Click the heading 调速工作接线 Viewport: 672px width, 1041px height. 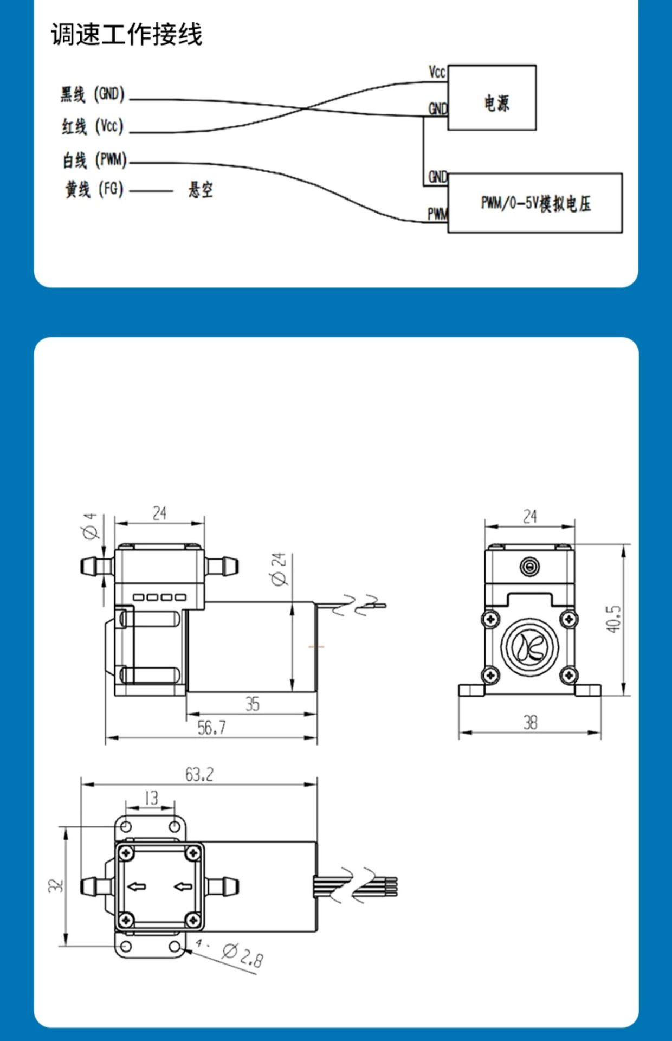click(x=126, y=35)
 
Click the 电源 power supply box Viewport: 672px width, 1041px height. click(x=492, y=98)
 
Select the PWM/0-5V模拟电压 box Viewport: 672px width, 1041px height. click(x=535, y=203)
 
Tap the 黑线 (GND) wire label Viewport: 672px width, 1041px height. click(x=92, y=94)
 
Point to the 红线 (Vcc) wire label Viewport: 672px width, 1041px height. click(x=92, y=127)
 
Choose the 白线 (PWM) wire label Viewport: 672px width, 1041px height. click(x=94, y=160)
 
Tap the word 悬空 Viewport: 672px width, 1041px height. click(x=201, y=190)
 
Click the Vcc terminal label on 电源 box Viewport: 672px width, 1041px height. click(x=437, y=72)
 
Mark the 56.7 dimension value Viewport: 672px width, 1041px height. click(x=211, y=728)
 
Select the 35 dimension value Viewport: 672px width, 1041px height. click(x=253, y=704)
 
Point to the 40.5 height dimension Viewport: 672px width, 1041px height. click(x=613, y=619)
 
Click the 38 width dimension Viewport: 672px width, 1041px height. click(x=530, y=722)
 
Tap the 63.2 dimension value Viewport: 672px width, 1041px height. click(x=199, y=775)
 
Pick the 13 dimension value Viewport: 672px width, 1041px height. click(x=151, y=798)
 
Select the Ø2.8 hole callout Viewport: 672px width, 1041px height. click(x=243, y=955)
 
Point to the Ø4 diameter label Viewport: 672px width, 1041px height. click(x=91, y=526)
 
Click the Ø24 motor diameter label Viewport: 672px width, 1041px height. click(x=279, y=569)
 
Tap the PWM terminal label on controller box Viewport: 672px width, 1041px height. click(x=437, y=214)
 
